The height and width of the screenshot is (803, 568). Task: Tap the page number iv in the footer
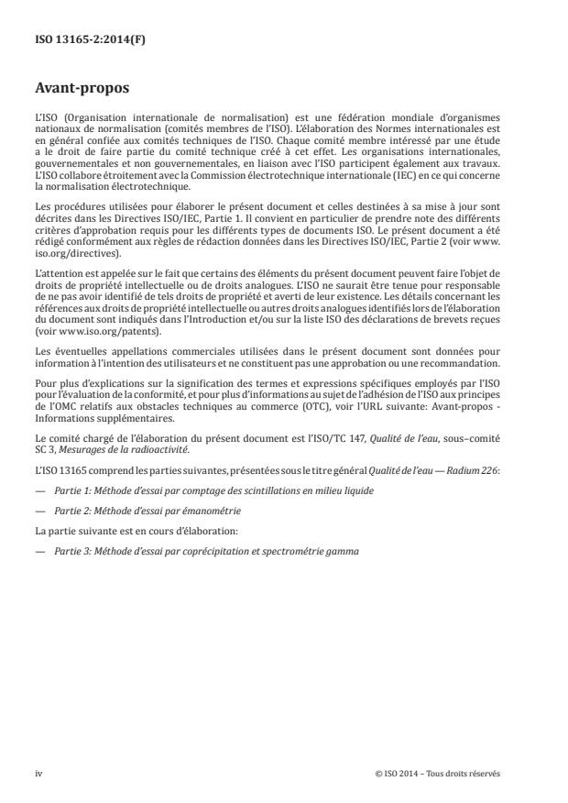tap(38, 773)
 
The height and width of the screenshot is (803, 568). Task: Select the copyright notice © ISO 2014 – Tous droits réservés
tap(438, 773)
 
